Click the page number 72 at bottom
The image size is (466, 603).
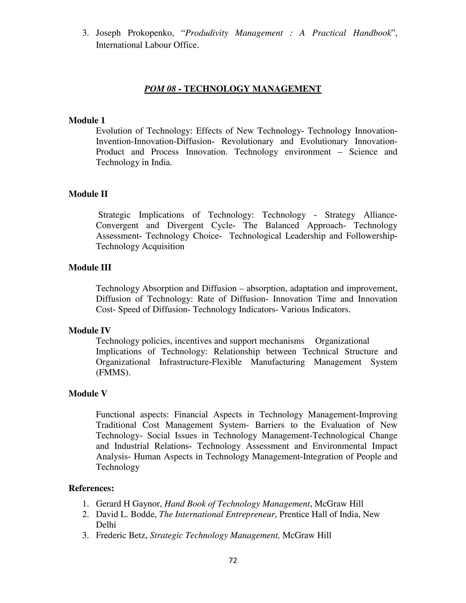click(x=233, y=560)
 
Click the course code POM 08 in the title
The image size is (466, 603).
click(x=160, y=89)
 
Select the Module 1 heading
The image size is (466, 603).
click(x=87, y=120)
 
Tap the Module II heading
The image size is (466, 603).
click(x=88, y=194)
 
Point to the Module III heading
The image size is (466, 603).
click(x=90, y=267)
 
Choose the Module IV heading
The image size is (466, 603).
click(x=89, y=330)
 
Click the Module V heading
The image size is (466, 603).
click(x=88, y=393)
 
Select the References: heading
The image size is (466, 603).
click(x=91, y=488)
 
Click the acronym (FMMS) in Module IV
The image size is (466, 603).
click(x=113, y=372)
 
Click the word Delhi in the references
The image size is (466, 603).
click(x=106, y=524)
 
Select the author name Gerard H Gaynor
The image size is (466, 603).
click(x=129, y=504)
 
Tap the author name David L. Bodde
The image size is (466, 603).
click(x=126, y=514)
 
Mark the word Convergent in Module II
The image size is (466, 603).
click(x=117, y=225)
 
